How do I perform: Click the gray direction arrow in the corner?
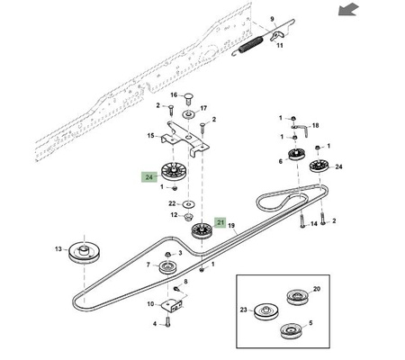[x=348, y=9]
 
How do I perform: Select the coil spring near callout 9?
[x=248, y=46]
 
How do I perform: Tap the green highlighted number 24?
[x=149, y=177]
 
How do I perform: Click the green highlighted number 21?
[x=220, y=222]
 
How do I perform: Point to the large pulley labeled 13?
[x=84, y=253]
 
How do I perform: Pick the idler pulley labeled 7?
[x=167, y=267]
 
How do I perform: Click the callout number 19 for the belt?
[x=231, y=226]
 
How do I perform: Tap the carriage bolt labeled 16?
[x=188, y=98]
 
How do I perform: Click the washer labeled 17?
[x=188, y=114]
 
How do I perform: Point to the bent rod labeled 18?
[x=302, y=129]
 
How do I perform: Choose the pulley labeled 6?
[x=297, y=155]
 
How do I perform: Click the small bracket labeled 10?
[x=173, y=306]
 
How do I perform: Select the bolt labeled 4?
[x=167, y=322]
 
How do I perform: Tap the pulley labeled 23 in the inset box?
[x=266, y=312]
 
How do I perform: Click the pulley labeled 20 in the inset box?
[x=298, y=297]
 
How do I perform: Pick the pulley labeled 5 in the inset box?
[x=292, y=331]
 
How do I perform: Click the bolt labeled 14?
[x=302, y=220]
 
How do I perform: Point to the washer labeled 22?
[x=189, y=204]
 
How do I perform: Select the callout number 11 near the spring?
[x=280, y=46]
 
